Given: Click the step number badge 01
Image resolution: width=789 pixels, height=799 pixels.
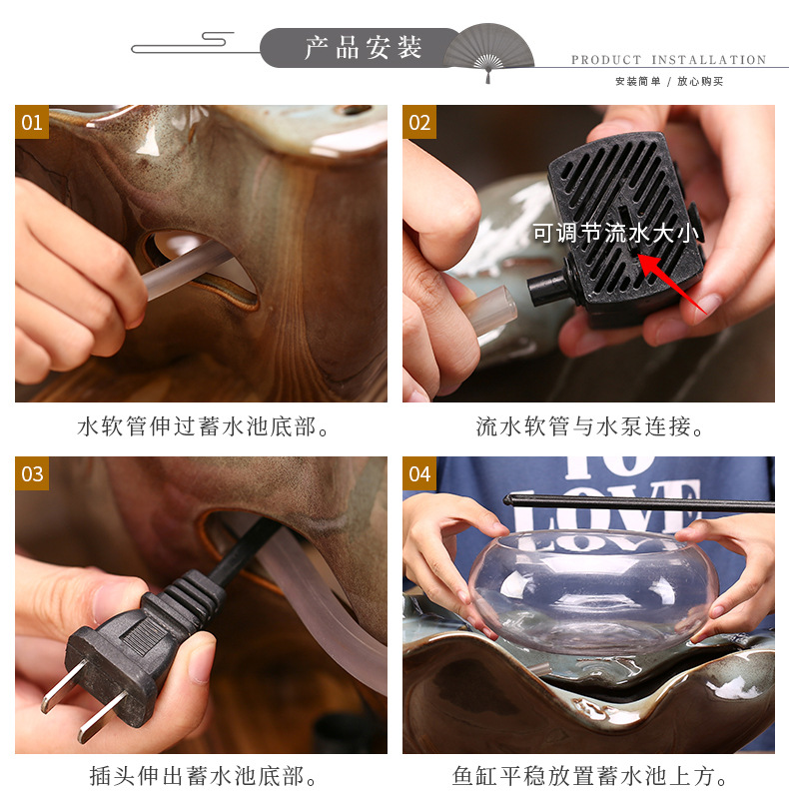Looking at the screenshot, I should pyautogui.click(x=32, y=122).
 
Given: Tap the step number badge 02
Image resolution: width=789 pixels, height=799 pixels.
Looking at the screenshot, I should pyautogui.click(x=419, y=122).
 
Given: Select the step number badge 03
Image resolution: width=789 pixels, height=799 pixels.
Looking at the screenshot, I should pyautogui.click(x=32, y=473).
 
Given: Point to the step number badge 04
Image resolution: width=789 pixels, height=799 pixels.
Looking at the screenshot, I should pyautogui.click(x=419, y=473).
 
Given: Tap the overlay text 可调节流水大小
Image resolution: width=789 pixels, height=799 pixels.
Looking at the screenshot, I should pyautogui.click(x=617, y=234).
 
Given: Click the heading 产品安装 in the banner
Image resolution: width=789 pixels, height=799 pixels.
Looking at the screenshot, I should pyautogui.click(x=364, y=48).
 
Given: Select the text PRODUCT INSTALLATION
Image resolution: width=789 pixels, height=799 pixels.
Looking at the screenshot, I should pyautogui.click(x=668, y=60).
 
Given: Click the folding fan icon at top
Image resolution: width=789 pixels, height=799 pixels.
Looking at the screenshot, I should pyautogui.click(x=488, y=50).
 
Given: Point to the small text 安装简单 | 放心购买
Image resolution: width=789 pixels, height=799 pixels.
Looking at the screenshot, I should pyautogui.click(x=668, y=81).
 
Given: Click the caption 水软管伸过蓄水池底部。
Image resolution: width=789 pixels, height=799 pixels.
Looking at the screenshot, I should pyautogui.click(x=203, y=426).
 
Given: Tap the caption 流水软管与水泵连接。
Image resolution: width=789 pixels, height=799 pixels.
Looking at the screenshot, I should pyautogui.click(x=590, y=426).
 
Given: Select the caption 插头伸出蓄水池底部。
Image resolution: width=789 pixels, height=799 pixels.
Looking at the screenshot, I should pyautogui.click(x=203, y=776).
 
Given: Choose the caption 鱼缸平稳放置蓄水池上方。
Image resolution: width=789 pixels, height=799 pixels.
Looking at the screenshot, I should pyautogui.click(x=590, y=776).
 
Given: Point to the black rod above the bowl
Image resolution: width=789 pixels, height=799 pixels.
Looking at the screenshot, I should pyautogui.click(x=639, y=502).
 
